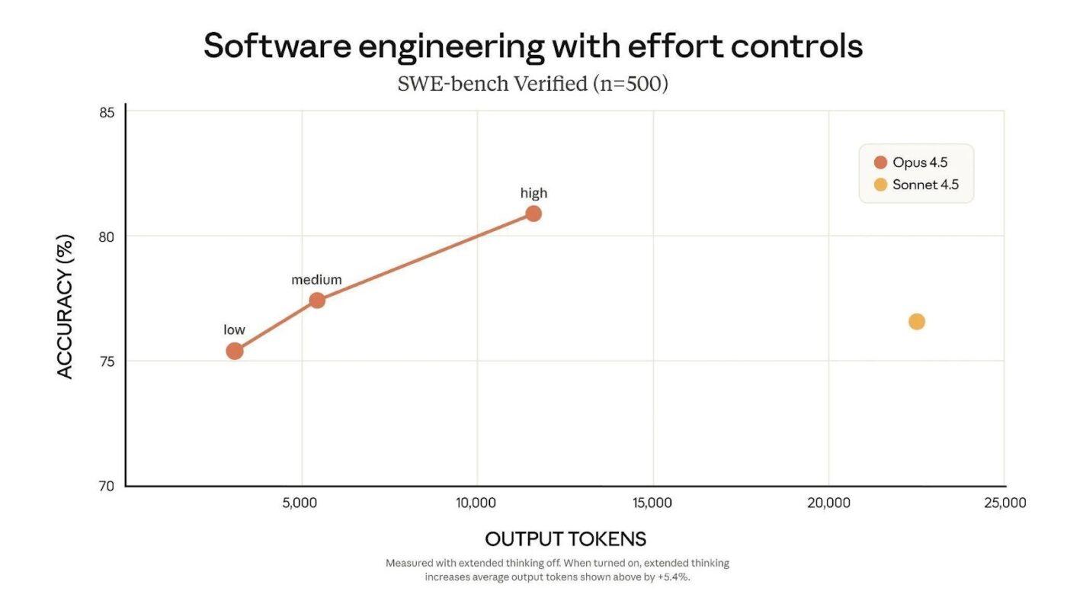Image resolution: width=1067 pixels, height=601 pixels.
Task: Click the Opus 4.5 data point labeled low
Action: click(235, 351)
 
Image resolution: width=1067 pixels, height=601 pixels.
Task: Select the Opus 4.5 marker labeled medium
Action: click(317, 300)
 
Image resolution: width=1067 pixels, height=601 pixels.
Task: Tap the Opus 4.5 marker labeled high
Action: click(533, 214)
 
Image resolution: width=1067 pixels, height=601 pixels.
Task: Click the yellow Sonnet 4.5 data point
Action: click(917, 322)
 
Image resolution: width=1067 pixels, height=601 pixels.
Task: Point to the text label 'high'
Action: click(533, 193)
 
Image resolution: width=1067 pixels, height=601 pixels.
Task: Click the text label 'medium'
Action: click(316, 280)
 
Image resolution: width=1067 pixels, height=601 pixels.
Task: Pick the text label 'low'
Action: click(234, 330)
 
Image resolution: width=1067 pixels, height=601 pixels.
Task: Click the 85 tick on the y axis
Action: click(107, 112)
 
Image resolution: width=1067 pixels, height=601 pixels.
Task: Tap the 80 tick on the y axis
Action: click(107, 236)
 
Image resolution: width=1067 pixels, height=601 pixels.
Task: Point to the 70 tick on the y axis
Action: click(107, 486)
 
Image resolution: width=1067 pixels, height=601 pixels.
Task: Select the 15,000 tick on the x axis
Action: click(652, 503)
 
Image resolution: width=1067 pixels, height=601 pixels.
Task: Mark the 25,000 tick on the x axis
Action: click(1005, 503)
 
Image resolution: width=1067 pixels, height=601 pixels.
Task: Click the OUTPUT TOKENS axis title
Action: click(566, 539)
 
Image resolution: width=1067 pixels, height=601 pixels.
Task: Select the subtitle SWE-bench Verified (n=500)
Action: click(532, 84)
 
